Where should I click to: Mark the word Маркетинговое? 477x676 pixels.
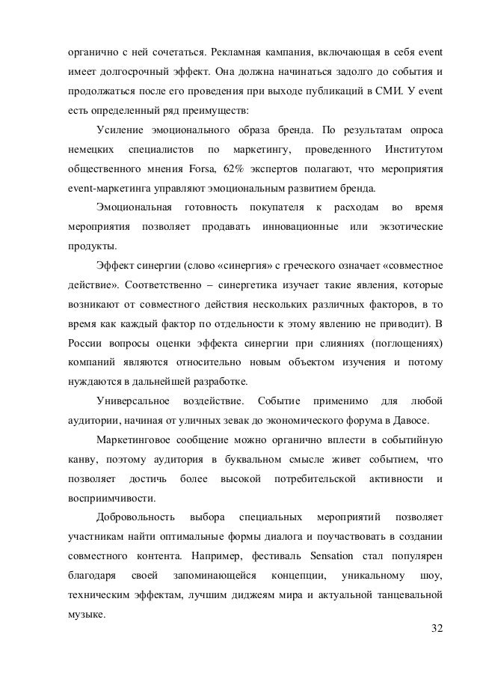[x=140, y=437]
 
